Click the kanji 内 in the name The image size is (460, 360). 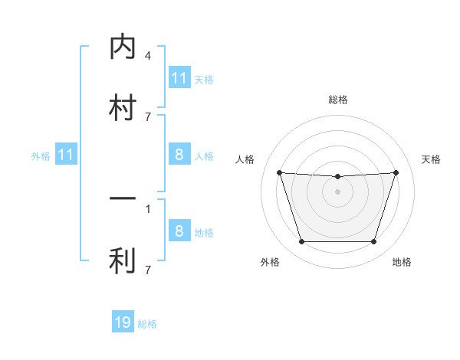coord(123,47)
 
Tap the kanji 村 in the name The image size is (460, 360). coord(123,106)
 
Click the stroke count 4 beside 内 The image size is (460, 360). coord(148,56)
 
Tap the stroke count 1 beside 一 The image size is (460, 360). coord(148,208)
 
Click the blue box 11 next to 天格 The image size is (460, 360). coord(179,78)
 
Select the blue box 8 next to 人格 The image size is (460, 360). coord(179,155)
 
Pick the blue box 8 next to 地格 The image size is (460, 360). coord(179,231)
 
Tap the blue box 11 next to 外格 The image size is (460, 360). coord(66,155)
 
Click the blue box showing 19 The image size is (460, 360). coord(123,322)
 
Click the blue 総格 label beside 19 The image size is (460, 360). coord(147,324)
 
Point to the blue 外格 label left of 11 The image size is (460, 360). coord(41,156)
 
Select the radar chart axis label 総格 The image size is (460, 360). coord(337,100)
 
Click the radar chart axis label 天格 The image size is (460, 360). coord(432,159)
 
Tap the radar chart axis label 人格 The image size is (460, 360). coord(245,159)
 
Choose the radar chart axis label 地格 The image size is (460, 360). coord(402,262)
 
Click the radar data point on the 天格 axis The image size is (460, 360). coord(396,172)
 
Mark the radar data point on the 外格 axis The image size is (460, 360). coord(301,242)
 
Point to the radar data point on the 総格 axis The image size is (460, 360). coord(337,177)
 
